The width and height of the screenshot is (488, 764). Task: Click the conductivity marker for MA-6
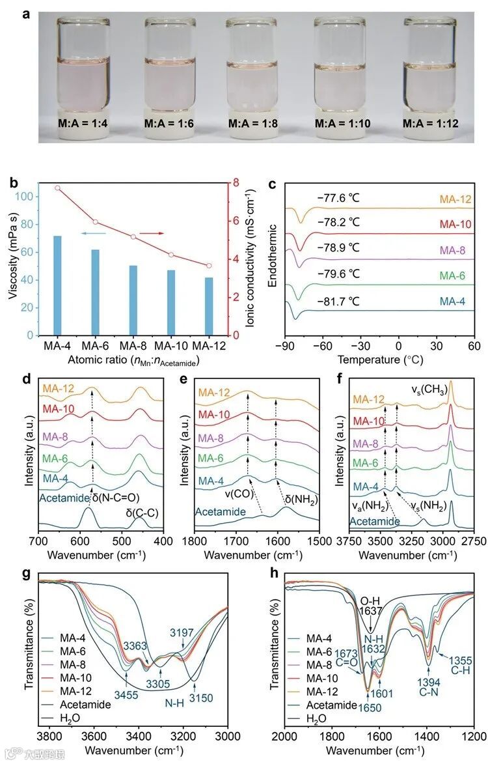pos(95,222)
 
